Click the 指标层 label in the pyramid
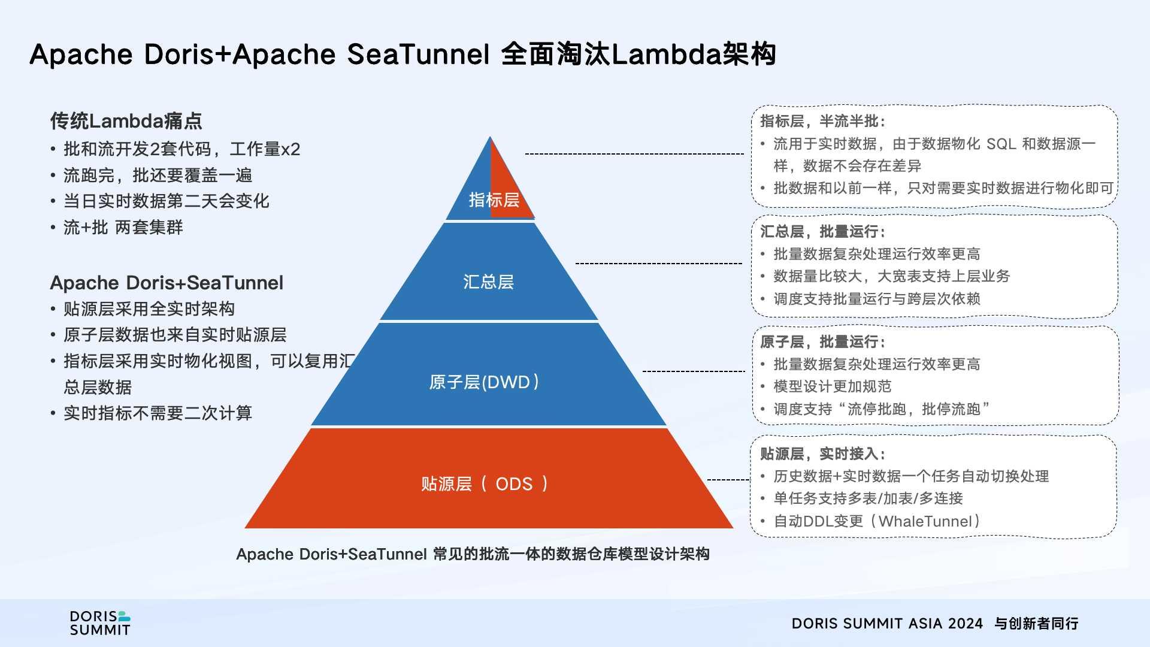coord(494,199)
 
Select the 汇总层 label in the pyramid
coord(488,282)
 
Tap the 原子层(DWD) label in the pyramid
coord(484,382)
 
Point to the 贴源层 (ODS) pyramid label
coord(484,484)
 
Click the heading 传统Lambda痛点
coord(126,121)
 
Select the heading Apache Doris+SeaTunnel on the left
coord(167,283)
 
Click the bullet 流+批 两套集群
coord(123,228)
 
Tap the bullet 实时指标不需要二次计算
coord(158,413)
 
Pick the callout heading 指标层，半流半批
coord(822,121)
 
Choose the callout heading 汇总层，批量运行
coord(822,231)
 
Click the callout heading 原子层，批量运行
coord(822,341)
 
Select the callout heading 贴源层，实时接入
coord(822,453)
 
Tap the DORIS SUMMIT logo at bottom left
coord(100,623)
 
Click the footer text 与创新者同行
coord(1036,624)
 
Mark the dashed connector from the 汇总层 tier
coord(659,263)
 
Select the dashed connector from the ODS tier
coord(728,479)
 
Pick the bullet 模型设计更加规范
coord(832,386)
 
